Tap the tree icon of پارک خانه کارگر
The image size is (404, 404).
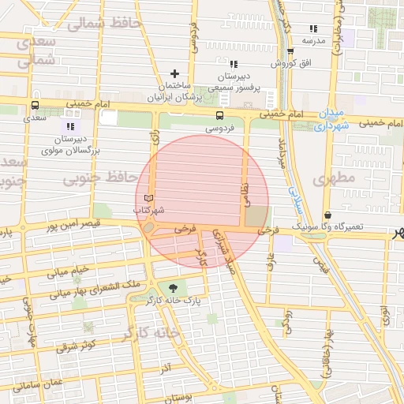pos(173,288)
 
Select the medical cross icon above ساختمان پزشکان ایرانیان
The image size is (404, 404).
pos(174,73)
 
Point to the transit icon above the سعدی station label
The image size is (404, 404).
pos(35,105)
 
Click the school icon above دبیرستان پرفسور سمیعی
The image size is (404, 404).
pos(233,63)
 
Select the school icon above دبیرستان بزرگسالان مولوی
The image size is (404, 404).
pos(70,125)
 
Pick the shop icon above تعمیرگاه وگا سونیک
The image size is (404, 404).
pos(327,215)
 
